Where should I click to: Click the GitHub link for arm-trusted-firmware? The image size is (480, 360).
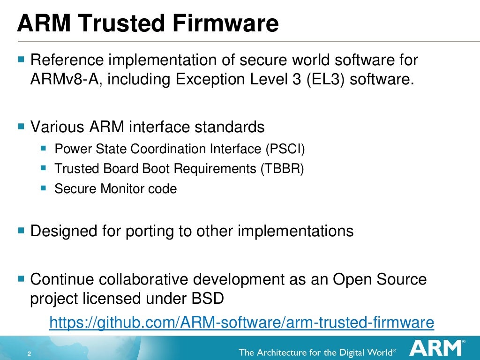pos(241,322)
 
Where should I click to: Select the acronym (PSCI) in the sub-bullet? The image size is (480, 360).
pos(285,149)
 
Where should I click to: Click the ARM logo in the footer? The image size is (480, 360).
pos(436,349)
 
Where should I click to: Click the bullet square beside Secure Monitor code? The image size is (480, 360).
pos(44,188)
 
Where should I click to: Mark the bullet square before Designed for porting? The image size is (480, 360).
pos(21,230)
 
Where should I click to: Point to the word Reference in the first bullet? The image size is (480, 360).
pos(65,60)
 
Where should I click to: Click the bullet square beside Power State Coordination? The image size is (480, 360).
pos(44,148)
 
